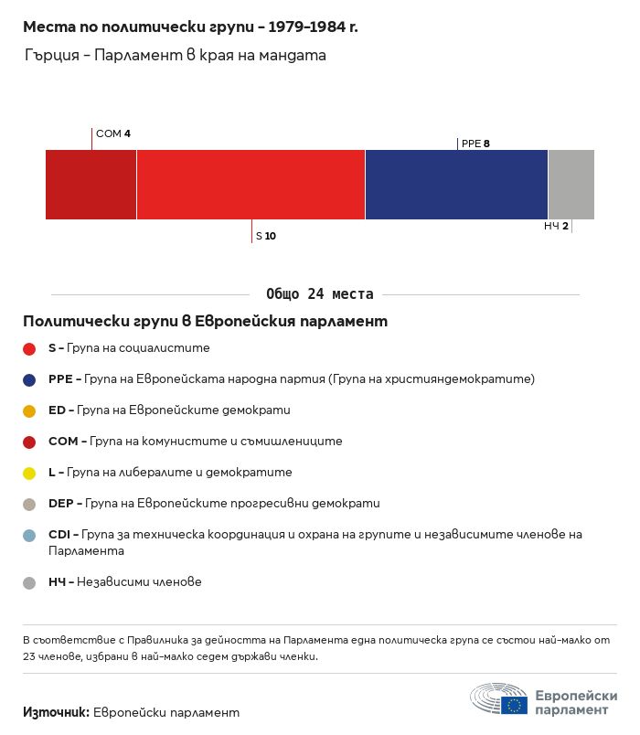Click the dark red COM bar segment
(91, 185)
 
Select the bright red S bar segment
(251, 185)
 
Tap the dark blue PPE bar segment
(456, 185)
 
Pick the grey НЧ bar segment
(571, 185)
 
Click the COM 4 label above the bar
(113, 133)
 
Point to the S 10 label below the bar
(266, 236)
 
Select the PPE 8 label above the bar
(475, 144)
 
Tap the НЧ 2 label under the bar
(556, 226)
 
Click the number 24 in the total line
(315, 293)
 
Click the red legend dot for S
(29, 348)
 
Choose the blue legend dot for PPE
(29, 379)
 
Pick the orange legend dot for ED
(29, 411)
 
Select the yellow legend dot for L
(29, 473)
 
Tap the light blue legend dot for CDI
(29, 536)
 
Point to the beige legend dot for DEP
(29, 505)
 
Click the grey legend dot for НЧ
(29, 582)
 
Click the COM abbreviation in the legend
(63, 442)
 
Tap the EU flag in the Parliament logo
(514, 705)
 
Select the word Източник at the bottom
(56, 712)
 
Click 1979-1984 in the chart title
(306, 27)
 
